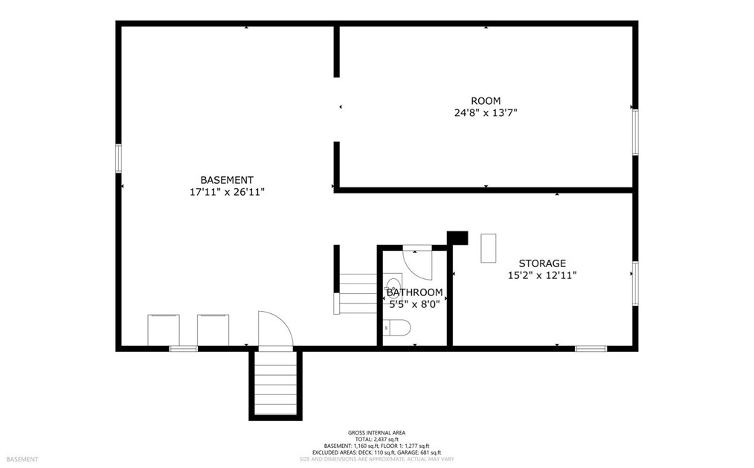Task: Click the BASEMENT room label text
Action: tap(227, 180)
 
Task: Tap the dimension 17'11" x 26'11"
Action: tap(227, 192)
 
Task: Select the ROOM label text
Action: tap(486, 101)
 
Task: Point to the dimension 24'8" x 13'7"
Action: tap(486, 113)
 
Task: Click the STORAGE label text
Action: tap(542, 263)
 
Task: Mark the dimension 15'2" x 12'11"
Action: tap(542, 275)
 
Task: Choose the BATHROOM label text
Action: tap(414, 292)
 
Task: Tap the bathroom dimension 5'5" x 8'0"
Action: tap(414, 304)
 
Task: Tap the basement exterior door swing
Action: tap(274, 330)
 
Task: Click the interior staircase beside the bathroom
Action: tap(358, 293)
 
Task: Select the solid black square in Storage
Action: tap(457, 237)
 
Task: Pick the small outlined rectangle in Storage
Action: tap(488, 248)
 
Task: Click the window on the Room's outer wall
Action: tap(634, 132)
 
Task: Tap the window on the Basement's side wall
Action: tap(118, 158)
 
